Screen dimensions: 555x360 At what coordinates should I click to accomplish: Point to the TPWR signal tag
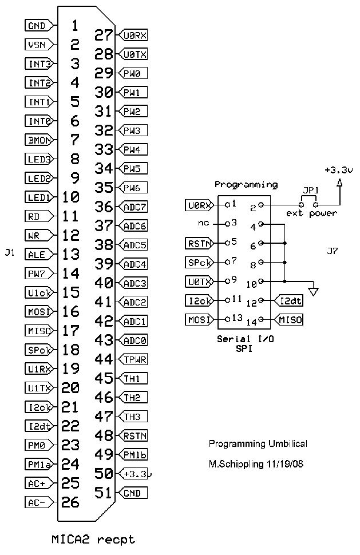(x=134, y=359)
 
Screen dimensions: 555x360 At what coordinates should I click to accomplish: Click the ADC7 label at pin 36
(x=134, y=207)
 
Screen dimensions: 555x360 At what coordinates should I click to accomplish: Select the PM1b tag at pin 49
(x=134, y=455)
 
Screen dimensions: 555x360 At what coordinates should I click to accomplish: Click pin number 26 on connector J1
(x=70, y=502)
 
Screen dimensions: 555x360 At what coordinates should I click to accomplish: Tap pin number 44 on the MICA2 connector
(x=104, y=359)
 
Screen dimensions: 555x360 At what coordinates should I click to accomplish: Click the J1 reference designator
(x=9, y=253)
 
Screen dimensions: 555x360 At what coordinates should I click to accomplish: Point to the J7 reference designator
(x=332, y=251)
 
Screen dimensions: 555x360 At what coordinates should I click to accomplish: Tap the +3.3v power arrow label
(x=338, y=170)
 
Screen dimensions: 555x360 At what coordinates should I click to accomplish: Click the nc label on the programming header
(x=203, y=223)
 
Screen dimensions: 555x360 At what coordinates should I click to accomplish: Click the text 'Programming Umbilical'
(x=258, y=444)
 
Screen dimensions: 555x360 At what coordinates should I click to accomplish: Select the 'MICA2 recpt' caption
(x=94, y=539)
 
